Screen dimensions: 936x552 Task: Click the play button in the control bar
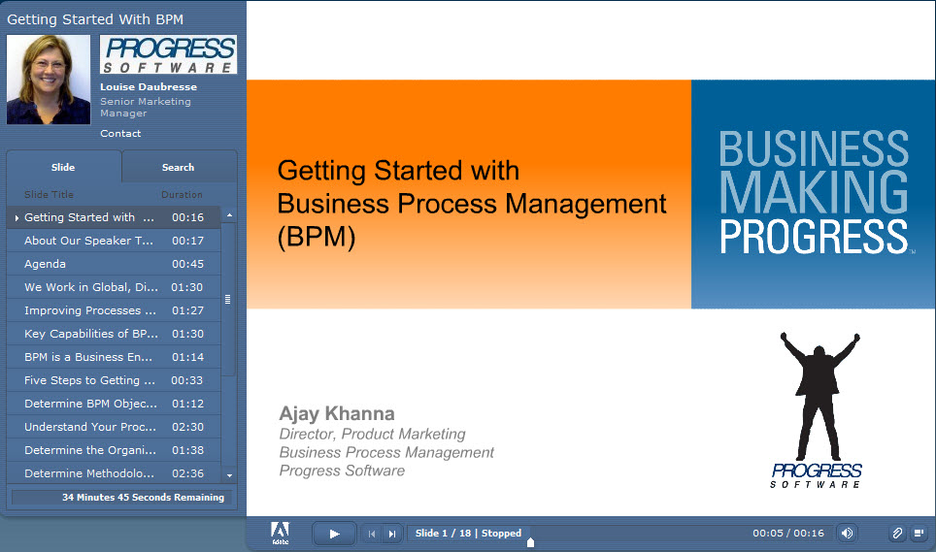(x=334, y=534)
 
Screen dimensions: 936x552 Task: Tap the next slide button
(x=391, y=534)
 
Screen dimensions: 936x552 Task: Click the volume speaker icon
(x=847, y=533)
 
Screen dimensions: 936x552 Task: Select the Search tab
(x=178, y=168)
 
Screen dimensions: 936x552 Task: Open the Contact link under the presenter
(x=120, y=134)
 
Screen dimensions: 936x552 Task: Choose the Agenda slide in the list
(x=45, y=264)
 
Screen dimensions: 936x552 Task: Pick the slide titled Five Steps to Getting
(x=89, y=380)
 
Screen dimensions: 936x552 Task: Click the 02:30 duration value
(x=187, y=427)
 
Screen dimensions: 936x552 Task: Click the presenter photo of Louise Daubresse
(x=49, y=80)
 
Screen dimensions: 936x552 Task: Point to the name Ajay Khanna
(x=337, y=413)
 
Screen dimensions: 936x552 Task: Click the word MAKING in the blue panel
(x=814, y=192)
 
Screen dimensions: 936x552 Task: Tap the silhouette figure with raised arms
(x=819, y=395)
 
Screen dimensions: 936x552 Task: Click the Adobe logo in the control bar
(x=280, y=533)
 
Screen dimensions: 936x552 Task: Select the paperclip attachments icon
(x=896, y=533)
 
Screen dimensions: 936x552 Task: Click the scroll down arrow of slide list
(x=229, y=475)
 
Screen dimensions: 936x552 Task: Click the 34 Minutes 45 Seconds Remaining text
(x=144, y=497)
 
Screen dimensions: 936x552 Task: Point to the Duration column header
(x=182, y=194)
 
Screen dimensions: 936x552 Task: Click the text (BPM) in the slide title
(x=317, y=237)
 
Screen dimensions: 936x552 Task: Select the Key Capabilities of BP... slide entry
(x=91, y=334)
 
